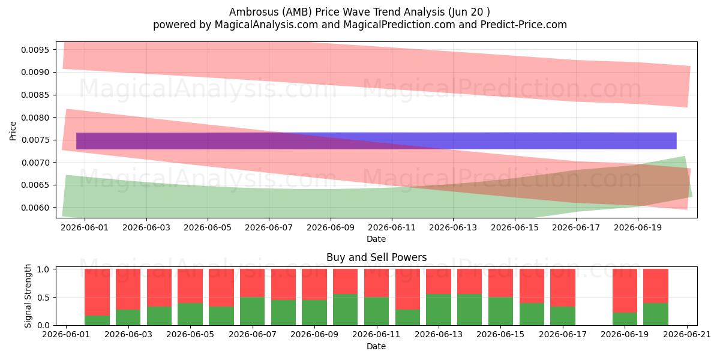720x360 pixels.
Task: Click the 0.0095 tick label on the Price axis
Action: coord(35,50)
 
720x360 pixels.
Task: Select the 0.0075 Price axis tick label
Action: coord(35,140)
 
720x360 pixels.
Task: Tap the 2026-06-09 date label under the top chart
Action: coord(331,227)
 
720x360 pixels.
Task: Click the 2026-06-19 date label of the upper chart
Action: coord(638,227)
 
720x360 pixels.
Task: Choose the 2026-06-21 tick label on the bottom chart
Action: coord(687,334)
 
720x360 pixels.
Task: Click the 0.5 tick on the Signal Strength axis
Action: coord(43,298)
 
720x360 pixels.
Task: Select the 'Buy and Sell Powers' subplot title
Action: coord(376,257)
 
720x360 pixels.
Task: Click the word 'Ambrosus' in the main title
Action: coord(254,12)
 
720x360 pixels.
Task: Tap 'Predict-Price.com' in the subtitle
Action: coord(524,25)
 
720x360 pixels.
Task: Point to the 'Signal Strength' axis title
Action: coord(28,296)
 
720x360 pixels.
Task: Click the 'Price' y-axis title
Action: coord(13,131)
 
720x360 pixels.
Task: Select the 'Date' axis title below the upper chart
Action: coord(376,239)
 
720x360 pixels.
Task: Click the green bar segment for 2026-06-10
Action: coord(345,310)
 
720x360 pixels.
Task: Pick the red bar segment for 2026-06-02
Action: coord(97,292)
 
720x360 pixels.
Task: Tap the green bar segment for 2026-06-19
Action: coord(625,319)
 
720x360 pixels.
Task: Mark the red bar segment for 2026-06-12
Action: coord(407,289)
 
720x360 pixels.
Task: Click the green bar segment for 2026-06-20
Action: coord(656,314)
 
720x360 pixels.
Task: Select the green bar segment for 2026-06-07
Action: coord(253,311)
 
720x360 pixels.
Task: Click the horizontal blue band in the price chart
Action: coord(376,141)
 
